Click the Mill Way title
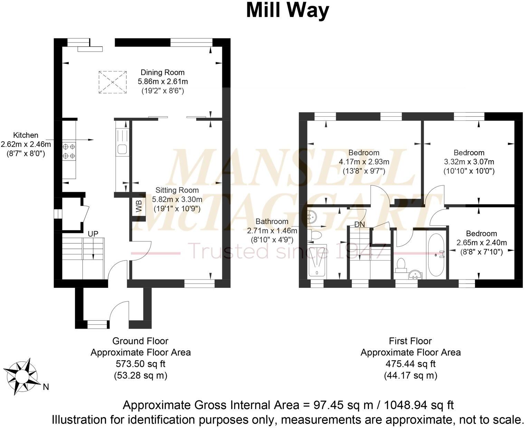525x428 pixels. [287, 11]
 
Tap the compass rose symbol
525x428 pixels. [23, 376]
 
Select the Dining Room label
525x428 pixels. [162, 72]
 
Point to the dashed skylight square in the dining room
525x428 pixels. [113, 82]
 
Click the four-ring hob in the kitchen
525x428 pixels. [69, 151]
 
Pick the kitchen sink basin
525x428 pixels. [122, 149]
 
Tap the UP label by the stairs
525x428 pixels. [93, 234]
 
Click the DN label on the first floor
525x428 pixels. [360, 224]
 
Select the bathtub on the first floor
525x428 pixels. [437, 255]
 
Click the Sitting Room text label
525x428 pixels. [177, 190]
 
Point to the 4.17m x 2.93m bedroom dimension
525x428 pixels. [364, 162]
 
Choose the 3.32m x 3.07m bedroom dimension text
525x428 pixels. [469, 162]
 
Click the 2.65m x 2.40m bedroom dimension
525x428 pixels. [481, 243]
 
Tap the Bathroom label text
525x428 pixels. [272, 221]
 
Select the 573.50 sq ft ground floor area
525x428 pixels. [141, 364]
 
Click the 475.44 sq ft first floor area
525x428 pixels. [411, 364]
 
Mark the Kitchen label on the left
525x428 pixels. [26, 135]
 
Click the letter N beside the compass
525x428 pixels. [46, 387]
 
